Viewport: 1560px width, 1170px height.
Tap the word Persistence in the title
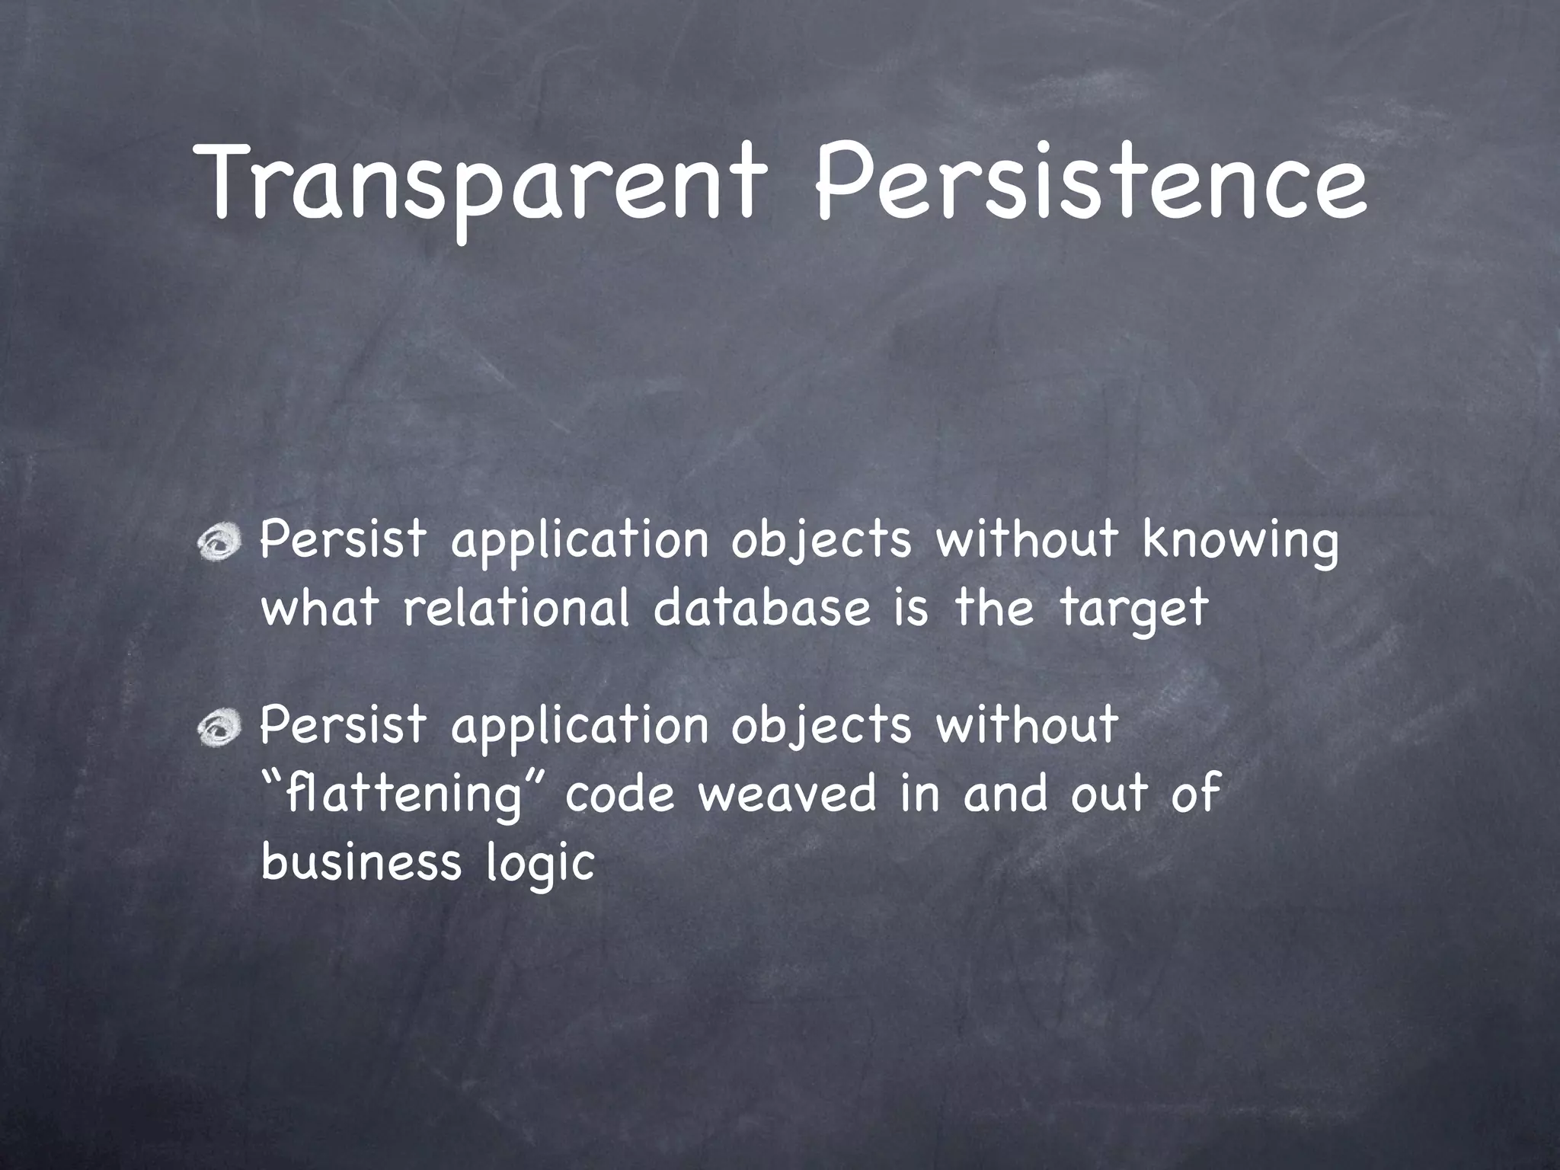pos(1090,183)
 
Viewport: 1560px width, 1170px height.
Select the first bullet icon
pos(220,542)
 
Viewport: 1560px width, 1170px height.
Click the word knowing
pos(1240,542)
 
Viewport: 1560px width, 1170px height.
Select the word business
pos(360,862)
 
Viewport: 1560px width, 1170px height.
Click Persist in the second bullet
pos(343,726)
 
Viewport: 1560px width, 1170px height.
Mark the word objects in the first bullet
pos(821,542)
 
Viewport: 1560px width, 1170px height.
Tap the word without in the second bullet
pos(1026,726)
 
